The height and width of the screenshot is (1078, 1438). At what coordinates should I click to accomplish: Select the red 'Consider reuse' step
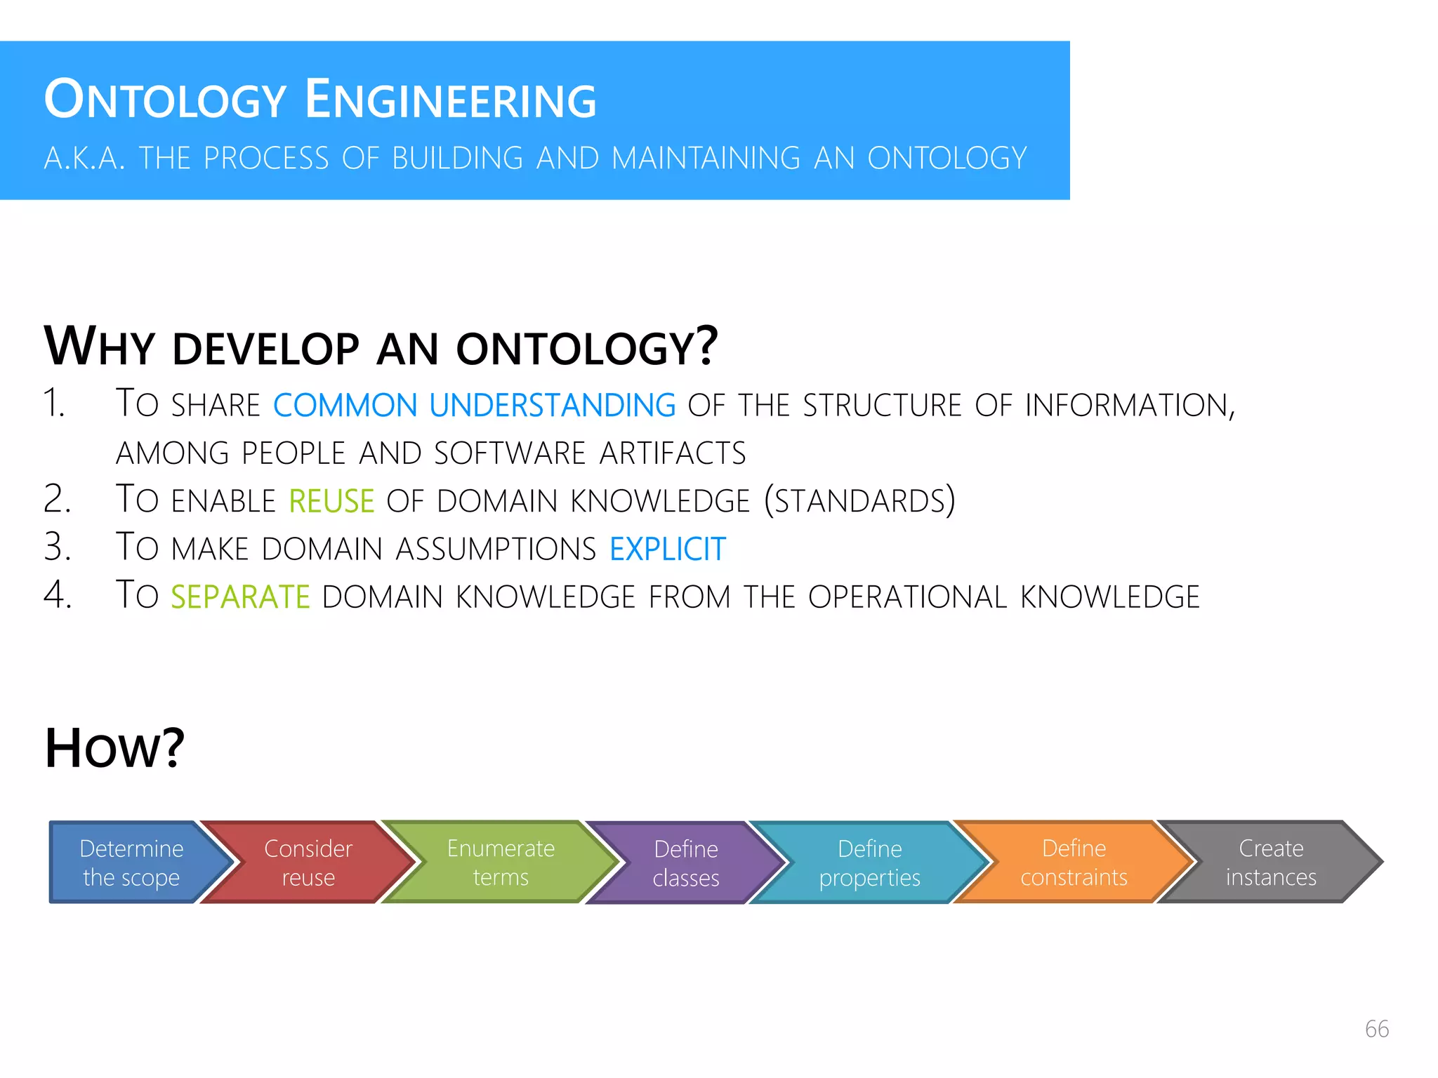(308, 862)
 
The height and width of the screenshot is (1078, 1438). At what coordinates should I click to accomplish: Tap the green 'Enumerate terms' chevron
(501, 862)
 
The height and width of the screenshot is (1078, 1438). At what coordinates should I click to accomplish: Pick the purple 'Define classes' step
(686, 863)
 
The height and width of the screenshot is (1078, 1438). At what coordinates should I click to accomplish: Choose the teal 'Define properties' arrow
(869, 863)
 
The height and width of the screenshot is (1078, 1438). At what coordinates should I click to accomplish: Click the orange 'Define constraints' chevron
(1074, 862)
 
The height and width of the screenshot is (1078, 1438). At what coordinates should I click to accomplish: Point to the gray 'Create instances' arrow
(1271, 862)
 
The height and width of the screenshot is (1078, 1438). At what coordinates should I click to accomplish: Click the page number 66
(1376, 1029)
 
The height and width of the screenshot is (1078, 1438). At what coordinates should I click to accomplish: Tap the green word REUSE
(331, 501)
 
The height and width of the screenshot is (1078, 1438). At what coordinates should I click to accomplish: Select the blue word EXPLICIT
(667, 549)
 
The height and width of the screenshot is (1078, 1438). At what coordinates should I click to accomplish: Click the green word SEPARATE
(240, 597)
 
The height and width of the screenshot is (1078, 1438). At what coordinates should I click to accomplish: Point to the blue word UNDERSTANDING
(552, 406)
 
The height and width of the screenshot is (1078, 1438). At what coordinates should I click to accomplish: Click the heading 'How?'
(114, 748)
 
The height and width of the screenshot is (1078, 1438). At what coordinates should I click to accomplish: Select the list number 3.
(58, 547)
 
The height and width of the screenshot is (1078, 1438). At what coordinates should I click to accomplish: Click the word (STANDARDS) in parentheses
(859, 500)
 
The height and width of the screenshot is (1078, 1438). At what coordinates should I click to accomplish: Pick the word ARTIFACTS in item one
(672, 453)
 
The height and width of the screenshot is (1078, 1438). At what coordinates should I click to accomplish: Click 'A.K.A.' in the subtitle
(84, 159)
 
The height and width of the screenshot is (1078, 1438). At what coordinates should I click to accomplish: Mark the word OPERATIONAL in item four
(907, 597)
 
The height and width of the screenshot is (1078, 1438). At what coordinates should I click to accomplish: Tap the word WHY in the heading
(99, 347)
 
